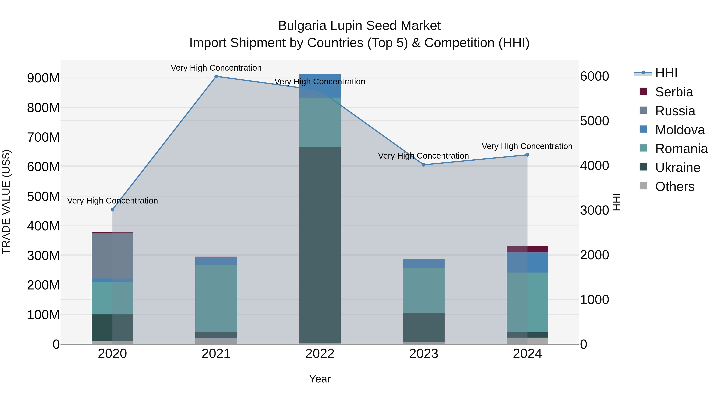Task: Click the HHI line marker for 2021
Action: [x=216, y=76]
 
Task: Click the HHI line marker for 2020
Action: [x=112, y=210]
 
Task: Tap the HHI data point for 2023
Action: [x=424, y=165]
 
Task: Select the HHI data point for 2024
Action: [x=527, y=155]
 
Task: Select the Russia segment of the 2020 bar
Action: [x=112, y=256]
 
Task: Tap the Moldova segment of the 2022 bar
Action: [x=320, y=86]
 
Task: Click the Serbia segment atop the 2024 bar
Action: [x=527, y=249]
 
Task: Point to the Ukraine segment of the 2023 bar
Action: [x=424, y=327]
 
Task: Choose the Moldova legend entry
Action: [x=679, y=130]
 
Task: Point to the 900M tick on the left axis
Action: [x=43, y=78]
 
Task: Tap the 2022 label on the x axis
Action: [x=320, y=354]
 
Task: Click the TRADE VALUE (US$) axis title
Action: [x=6, y=202]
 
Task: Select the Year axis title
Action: [x=320, y=379]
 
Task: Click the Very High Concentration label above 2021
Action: [x=216, y=68]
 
